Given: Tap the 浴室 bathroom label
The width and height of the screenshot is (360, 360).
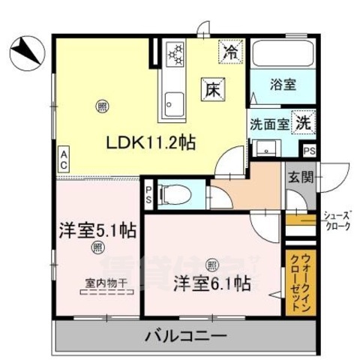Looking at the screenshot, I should coord(283,85).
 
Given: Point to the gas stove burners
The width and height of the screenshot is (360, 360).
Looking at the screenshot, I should coord(175,55).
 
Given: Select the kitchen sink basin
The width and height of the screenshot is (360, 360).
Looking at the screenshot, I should coord(175,100).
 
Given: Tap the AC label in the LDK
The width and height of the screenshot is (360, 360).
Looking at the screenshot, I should coord(64,160).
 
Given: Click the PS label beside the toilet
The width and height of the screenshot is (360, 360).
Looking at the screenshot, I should coord(149,195).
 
